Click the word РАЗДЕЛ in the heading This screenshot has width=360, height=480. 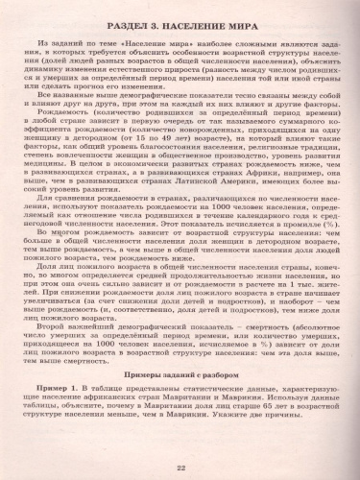[x=121, y=26]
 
